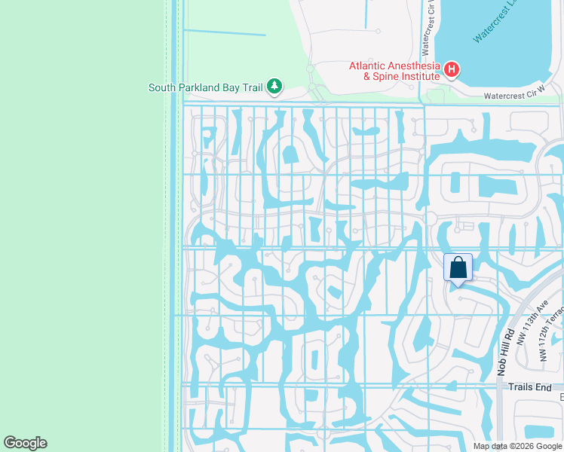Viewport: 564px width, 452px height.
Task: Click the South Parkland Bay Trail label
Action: coord(205,87)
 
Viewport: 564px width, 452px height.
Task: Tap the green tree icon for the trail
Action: coord(274,87)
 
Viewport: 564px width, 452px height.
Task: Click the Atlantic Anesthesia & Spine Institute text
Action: coord(394,71)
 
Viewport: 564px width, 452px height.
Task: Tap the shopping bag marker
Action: coord(458,267)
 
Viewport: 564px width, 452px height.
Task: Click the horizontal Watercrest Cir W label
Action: coord(513,96)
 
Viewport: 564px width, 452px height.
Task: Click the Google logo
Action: coord(25,443)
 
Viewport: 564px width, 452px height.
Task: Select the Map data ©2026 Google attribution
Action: coord(517,446)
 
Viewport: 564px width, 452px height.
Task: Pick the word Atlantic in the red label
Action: coord(366,65)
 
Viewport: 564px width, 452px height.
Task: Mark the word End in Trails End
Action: coord(544,386)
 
